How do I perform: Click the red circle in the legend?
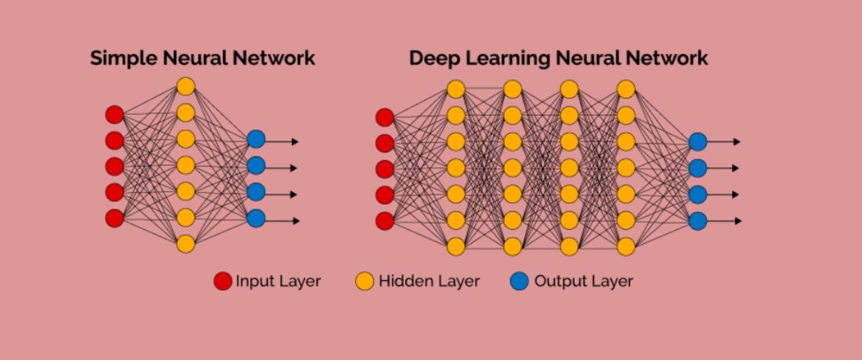[223, 281]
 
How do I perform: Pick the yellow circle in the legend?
[365, 281]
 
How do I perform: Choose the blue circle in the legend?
[519, 281]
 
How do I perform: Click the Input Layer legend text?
[278, 281]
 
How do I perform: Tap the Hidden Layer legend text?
[429, 281]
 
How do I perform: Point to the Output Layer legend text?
[583, 281]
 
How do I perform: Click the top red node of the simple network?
[114, 114]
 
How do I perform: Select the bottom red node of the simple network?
[114, 218]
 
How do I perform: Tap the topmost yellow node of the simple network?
[185, 86]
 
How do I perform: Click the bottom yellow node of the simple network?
[185, 244]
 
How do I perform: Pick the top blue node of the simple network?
[256, 139]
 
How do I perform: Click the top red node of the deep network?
[385, 117]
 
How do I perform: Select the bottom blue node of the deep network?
[698, 221]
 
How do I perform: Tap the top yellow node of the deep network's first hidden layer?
[455, 89]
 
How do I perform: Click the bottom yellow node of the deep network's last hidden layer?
[626, 246]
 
